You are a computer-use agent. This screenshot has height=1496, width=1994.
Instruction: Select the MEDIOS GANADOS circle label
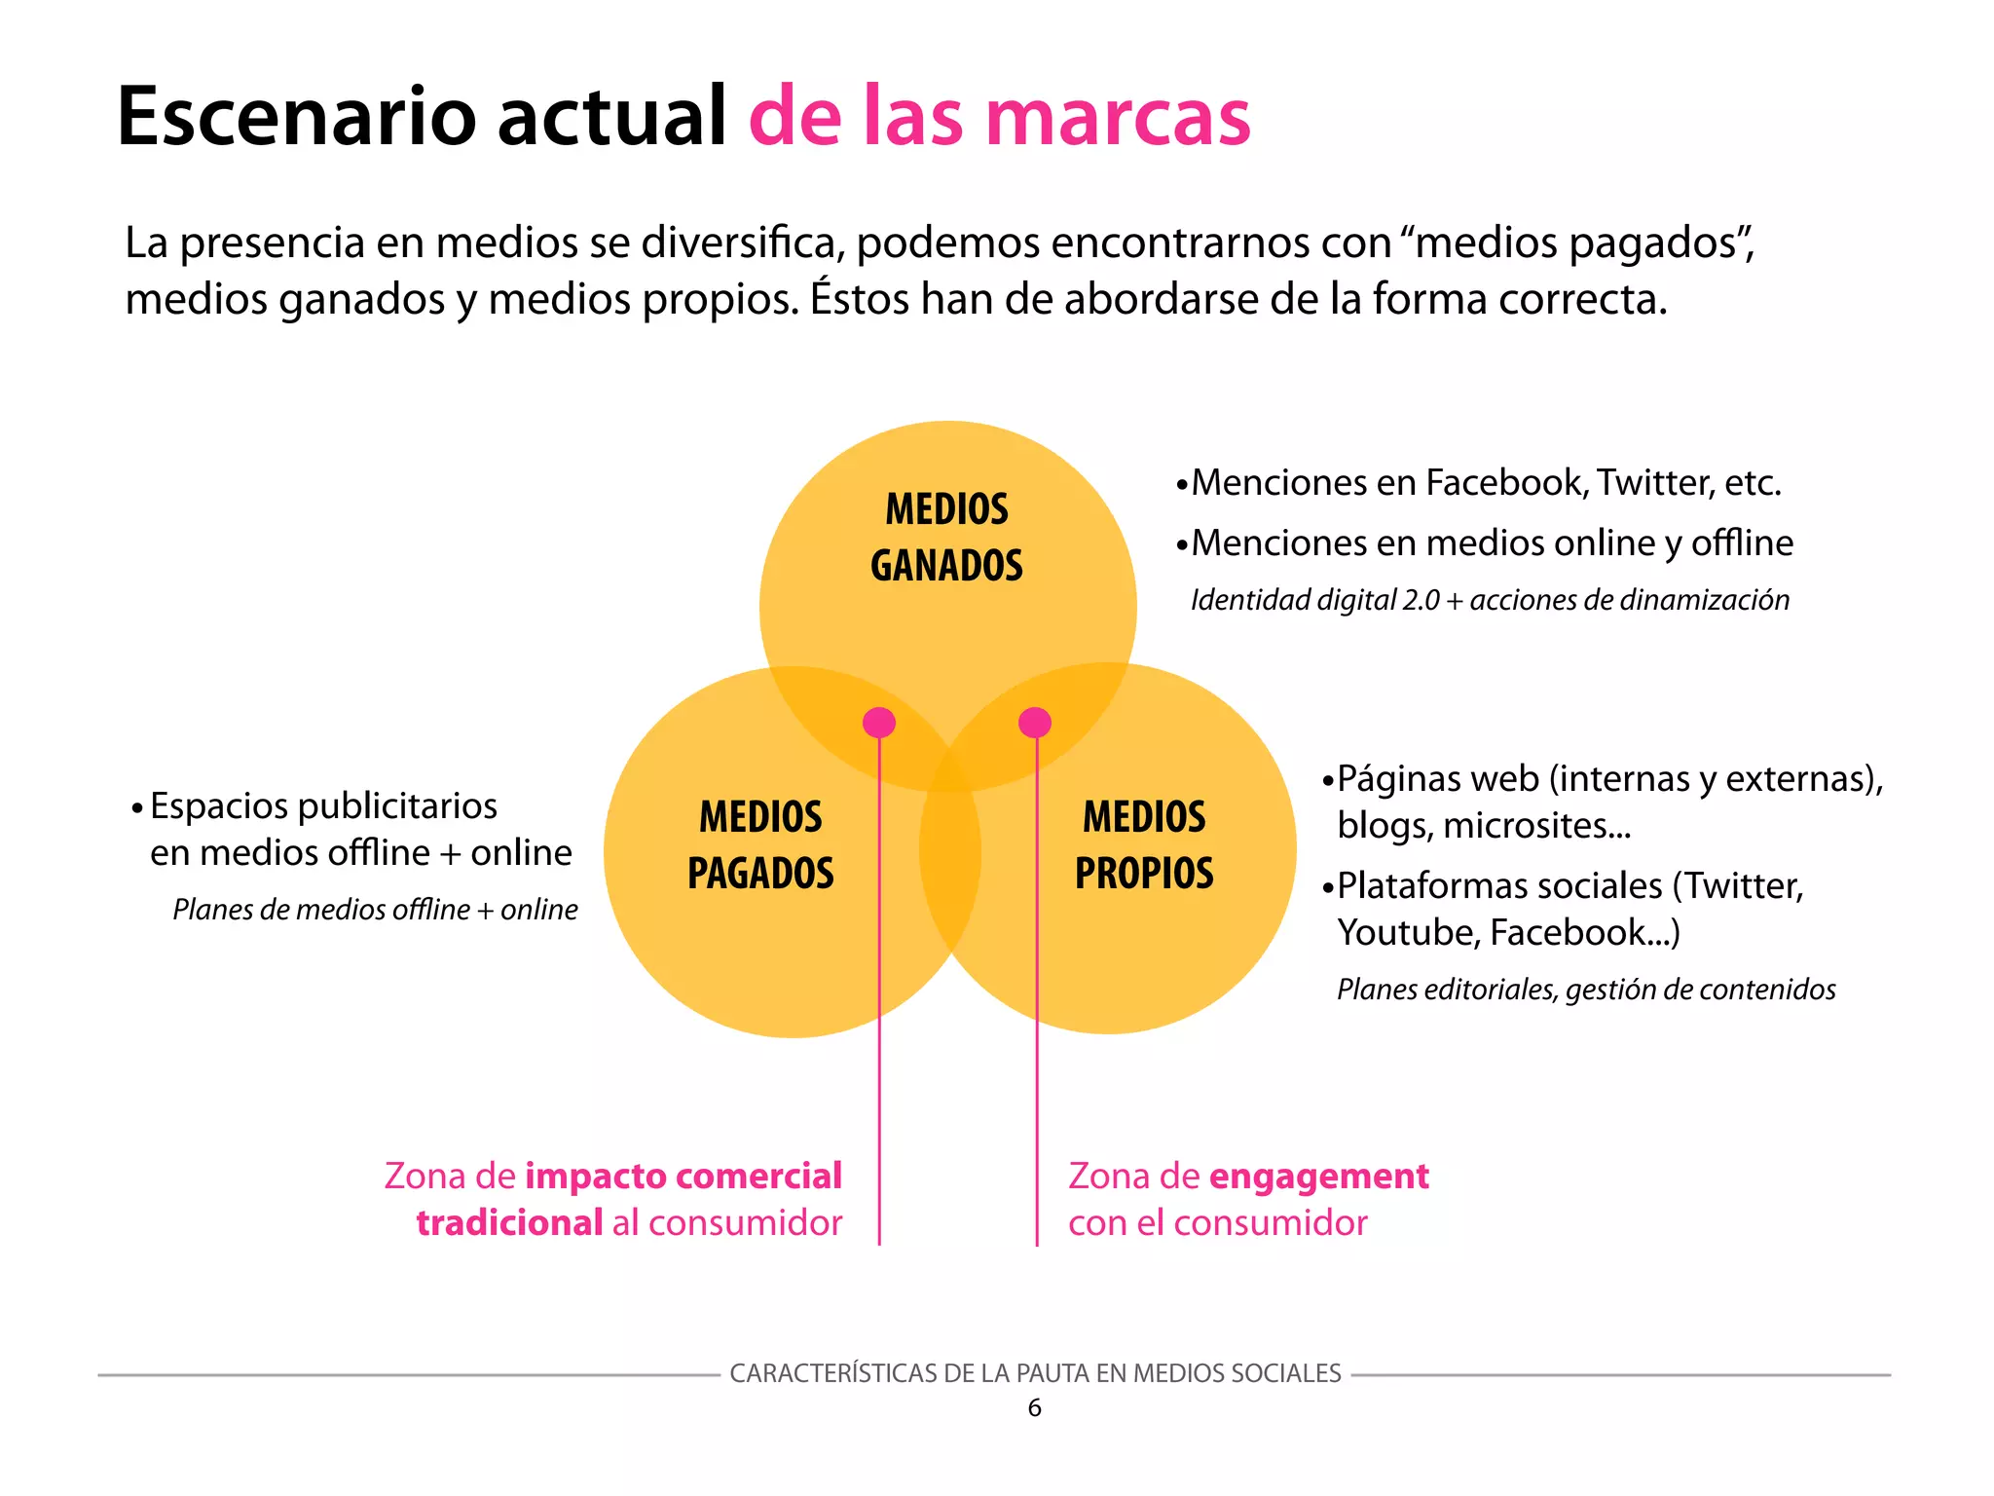946,538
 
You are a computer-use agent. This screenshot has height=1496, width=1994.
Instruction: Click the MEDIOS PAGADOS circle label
760,844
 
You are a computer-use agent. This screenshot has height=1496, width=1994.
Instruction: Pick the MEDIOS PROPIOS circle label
1144,844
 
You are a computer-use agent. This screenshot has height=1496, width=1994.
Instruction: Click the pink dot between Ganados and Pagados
879,723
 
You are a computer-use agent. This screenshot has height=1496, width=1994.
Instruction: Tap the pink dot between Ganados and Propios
1035,723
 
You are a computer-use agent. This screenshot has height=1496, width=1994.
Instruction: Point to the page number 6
1034,1407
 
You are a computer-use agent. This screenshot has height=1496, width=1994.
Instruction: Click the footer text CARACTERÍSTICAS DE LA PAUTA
1035,1373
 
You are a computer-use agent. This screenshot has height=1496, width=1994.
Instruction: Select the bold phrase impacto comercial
683,1176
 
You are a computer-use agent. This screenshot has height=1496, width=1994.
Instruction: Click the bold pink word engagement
1319,1177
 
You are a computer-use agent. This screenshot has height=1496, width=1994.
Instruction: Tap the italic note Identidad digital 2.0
1314,600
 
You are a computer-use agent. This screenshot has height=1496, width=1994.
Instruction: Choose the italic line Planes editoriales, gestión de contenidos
1586,990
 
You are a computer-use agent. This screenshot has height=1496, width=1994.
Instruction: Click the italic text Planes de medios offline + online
375,910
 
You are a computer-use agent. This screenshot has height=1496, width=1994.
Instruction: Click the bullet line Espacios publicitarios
323,806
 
